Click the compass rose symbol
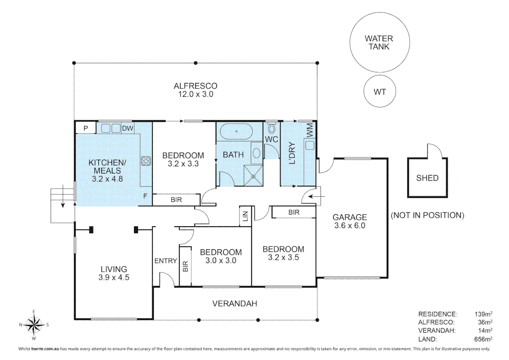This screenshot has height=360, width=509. click(x=34, y=325)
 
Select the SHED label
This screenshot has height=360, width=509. click(x=427, y=178)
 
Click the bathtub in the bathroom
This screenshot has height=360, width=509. click(x=236, y=131)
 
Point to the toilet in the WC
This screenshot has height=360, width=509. click(x=272, y=129)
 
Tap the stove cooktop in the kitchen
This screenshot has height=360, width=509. click(x=146, y=161)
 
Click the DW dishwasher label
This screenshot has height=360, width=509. click(x=128, y=128)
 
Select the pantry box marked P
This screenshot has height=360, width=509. click(x=85, y=128)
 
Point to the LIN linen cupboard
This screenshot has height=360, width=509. click(x=245, y=216)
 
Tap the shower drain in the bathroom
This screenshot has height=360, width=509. click(x=253, y=176)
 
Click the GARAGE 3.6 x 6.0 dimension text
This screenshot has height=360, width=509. click(x=350, y=226)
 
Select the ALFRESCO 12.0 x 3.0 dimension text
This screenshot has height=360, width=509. click(x=196, y=94)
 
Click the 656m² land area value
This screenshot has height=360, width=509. click(x=483, y=339)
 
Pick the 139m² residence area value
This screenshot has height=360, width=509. click(x=483, y=314)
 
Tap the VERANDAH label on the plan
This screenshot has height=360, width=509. click(x=235, y=304)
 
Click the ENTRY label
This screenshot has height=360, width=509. click(x=166, y=261)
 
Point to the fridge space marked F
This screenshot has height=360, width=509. click(x=145, y=196)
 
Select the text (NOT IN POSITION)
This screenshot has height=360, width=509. click(x=427, y=215)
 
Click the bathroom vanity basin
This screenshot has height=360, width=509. click(x=257, y=153)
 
